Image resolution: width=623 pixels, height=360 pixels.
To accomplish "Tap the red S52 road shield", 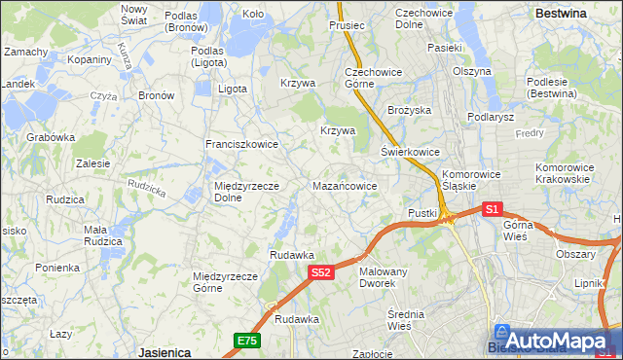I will pyautogui.click(x=323, y=274).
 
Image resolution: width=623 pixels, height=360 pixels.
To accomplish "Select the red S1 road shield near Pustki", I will pyautogui.click(x=492, y=209).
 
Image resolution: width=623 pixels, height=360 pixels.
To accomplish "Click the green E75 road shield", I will pyautogui.click(x=246, y=340).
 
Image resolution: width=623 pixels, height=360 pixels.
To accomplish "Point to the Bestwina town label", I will pyautogui.click(x=562, y=14).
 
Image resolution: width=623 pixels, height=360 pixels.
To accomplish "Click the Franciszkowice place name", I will pyautogui.click(x=241, y=144).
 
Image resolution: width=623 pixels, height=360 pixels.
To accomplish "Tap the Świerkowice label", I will pyautogui.click(x=410, y=152).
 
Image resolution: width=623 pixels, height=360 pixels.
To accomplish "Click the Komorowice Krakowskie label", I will pyautogui.click(x=564, y=173).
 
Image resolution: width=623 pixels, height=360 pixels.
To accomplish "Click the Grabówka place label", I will pyautogui.click(x=51, y=137).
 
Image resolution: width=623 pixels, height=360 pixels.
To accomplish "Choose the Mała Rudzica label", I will pyautogui.click(x=101, y=235).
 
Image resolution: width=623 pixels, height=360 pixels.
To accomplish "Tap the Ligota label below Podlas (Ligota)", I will pyautogui.click(x=233, y=89).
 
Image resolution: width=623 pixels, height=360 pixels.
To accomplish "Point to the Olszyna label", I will pyautogui.click(x=471, y=71).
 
